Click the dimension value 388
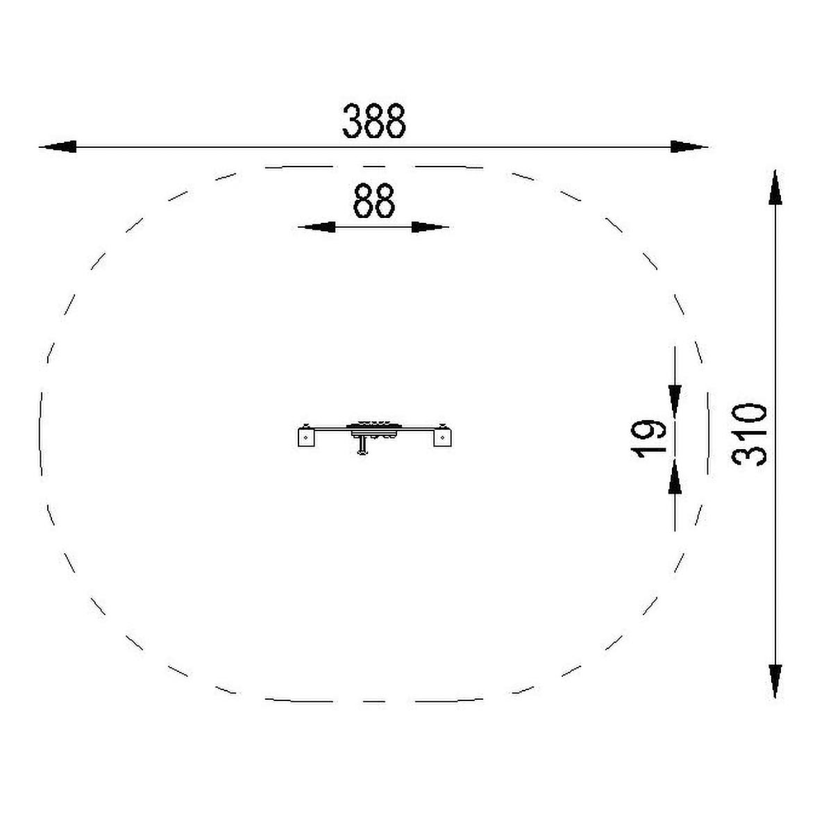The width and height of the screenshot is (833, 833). pyautogui.click(x=374, y=121)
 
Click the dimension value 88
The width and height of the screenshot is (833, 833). pyautogui.click(x=374, y=201)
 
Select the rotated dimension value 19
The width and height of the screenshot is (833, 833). pyautogui.click(x=648, y=438)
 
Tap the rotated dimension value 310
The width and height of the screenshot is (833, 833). pyautogui.click(x=749, y=435)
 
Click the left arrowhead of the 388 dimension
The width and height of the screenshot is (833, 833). pyautogui.click(x=58, y=146)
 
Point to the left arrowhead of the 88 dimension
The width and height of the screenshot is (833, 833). pyautogui.click(x=317, y=226)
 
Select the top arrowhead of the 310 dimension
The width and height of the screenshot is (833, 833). pyautogui.click(x=775, y=187)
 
